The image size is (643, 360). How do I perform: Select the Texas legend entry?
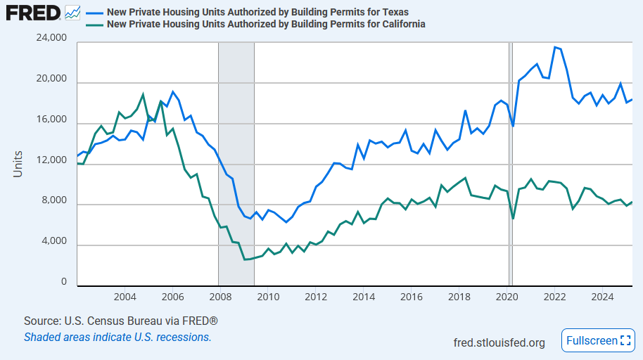point(257,13)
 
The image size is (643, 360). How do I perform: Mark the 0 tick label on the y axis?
point(64,282)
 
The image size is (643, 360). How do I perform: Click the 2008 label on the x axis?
point(220,296)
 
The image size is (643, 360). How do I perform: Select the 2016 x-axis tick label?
point(411,296)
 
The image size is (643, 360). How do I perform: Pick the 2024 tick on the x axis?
point(601,296)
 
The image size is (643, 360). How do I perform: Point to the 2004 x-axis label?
point(125,296)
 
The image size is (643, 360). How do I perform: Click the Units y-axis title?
point(18,163)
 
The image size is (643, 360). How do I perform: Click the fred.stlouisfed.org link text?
point(499,342)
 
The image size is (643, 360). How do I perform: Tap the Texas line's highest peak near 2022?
point(555,47)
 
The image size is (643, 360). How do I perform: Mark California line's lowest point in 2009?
point(245,259)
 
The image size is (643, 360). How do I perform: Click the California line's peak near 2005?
point(143,94)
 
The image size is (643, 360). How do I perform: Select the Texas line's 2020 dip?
point(513,126)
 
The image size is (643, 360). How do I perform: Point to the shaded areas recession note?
point(117,337)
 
